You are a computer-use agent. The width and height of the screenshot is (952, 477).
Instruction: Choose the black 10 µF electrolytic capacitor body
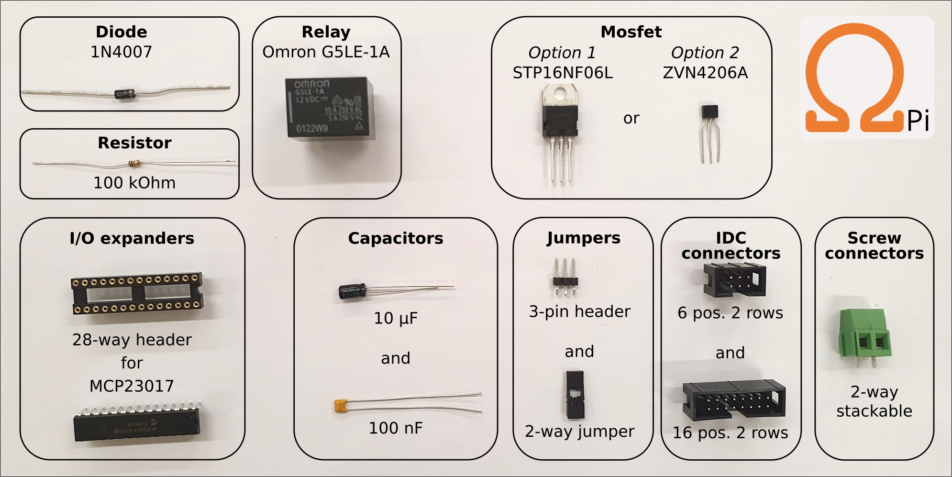[353, 291]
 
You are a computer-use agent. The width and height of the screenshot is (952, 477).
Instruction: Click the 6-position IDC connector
[734, 279]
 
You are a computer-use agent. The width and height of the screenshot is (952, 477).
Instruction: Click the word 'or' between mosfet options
[631, 118]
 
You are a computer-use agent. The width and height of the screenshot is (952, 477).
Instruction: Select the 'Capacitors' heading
[396, 238]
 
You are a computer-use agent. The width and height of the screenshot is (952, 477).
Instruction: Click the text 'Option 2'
[705, 53]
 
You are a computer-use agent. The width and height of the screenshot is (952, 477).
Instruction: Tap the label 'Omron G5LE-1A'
[326, 52]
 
